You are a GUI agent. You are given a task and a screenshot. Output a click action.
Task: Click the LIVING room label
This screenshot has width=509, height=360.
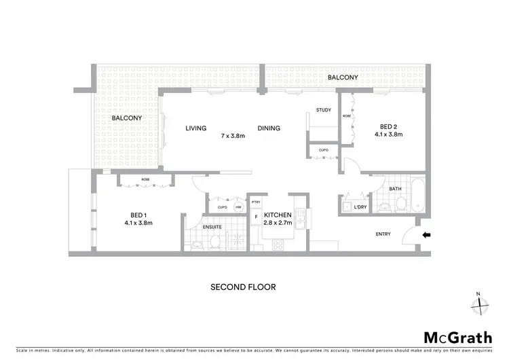[x=196, y=128]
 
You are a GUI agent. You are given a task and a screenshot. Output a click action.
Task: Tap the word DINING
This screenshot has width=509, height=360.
[x=269, y=128]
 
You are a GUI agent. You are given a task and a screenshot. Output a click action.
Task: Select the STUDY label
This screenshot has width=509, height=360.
[x=323, y=111]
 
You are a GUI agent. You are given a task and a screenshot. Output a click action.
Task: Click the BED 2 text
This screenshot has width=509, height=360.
[x=388, y=126]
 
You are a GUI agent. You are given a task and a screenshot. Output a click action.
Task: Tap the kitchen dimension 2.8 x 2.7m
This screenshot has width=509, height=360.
[x=278, y=222]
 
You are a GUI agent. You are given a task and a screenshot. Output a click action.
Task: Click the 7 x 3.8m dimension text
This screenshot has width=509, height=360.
[x=233, y=136]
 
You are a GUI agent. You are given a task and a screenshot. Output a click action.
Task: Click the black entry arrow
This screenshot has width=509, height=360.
[x=426, y=235]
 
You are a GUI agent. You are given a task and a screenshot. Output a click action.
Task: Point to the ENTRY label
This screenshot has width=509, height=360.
[x=383, y=235]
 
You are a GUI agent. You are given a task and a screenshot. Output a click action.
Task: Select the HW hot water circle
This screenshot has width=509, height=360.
[x=238, y=207]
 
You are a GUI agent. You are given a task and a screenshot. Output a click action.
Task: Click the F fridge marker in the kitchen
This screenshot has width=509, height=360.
[x=255, y=218]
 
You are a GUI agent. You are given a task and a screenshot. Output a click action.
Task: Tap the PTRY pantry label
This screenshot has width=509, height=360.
[x=256, y=202]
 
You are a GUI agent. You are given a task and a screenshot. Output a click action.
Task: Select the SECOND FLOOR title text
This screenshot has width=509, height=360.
[x=243, y=287]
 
